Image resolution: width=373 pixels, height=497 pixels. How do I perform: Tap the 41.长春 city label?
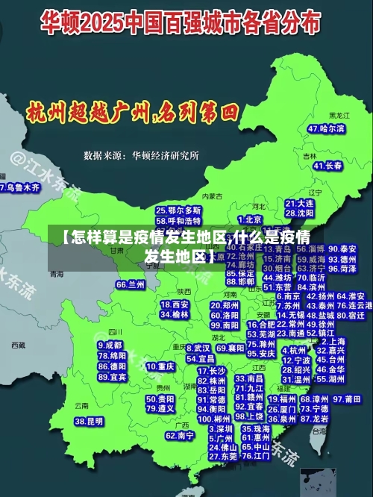click(x=328, y=165)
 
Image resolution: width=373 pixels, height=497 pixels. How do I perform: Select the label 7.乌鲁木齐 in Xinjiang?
click(x=20, y=187)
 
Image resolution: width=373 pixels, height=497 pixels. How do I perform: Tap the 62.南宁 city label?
click(x=181, y=434)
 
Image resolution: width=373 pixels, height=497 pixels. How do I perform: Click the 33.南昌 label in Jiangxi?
click(x=251, y=379)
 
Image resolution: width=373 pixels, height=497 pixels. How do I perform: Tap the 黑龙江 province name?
click(x=340, y=116)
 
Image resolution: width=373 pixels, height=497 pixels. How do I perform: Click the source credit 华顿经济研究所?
click(x=165, y=156)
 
